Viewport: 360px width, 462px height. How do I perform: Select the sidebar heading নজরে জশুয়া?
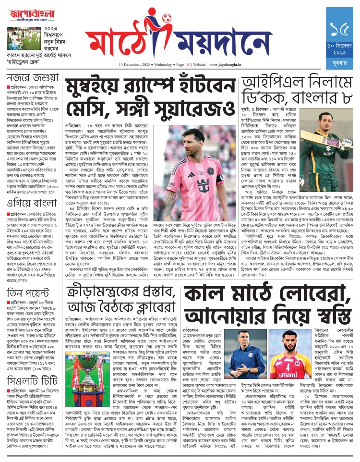tap(28, 78)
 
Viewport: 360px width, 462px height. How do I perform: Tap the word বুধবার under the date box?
tap(342, 60)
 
